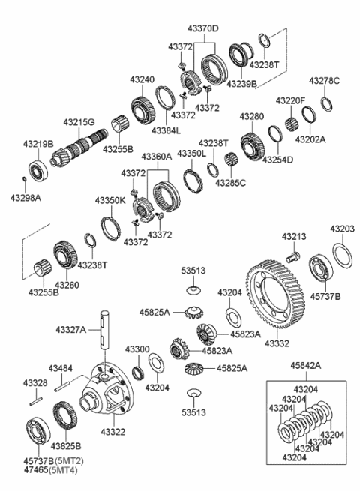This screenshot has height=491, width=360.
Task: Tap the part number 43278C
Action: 324,80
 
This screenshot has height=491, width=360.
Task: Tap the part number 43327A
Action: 71,328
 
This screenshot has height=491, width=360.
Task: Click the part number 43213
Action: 294,236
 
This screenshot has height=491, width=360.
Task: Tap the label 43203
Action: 344,228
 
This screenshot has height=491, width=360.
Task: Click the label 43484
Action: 61,368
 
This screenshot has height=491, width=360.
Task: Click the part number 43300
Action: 137,349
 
